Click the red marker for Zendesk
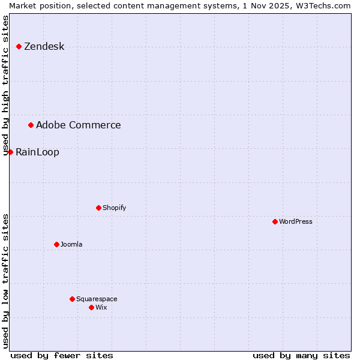[19, 46]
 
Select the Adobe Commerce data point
[31, 125]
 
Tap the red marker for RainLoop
[10, 152]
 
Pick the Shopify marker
[98, 208]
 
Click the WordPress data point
[275, 221]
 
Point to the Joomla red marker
[56, 244]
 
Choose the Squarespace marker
[72, 299]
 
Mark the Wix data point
[91, 307]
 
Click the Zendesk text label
[44, 46]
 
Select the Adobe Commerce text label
[78, 125]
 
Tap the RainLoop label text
[37, 152]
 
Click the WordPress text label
[296, 221]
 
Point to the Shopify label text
[114, 208]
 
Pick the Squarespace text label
[97, 299]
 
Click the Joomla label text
[71, 244]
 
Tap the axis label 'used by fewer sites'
[62, 355]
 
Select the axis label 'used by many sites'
[301, 355]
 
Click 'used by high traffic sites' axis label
[6, 85]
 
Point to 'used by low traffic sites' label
[6, 281]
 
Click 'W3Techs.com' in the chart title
[323, 5]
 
